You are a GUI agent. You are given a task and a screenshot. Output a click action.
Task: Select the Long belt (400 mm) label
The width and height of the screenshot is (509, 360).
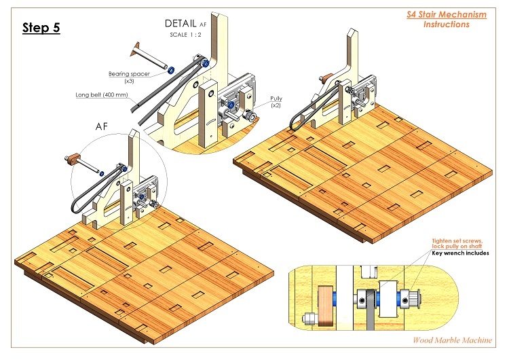point(103,95)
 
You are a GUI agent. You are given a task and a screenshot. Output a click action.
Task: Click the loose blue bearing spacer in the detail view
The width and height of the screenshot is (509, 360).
point(171,69)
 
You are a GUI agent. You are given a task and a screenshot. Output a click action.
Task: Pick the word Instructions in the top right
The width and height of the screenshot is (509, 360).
point(446,24)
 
